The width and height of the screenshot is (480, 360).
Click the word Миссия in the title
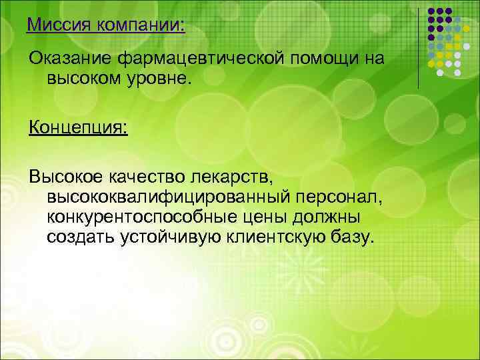click(58, 26)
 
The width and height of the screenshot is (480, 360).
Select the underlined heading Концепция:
click(78, 127)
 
